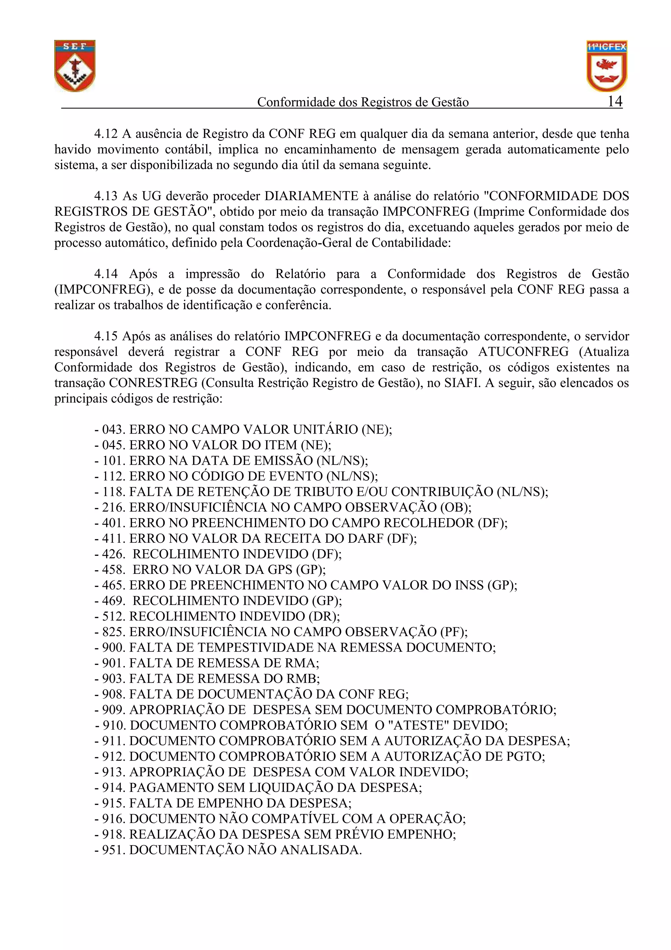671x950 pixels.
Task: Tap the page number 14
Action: [615, 101]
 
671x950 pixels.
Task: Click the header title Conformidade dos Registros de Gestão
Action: [363, 102]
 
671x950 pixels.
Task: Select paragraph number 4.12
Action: [105, 134]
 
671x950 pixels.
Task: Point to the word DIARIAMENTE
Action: [311, 196]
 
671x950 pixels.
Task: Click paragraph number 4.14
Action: [105, 274]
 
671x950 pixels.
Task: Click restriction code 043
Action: [113, 430]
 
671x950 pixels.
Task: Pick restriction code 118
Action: [113, 492]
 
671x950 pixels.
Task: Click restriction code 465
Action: [113, 585]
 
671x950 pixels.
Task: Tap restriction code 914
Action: [113, 788]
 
